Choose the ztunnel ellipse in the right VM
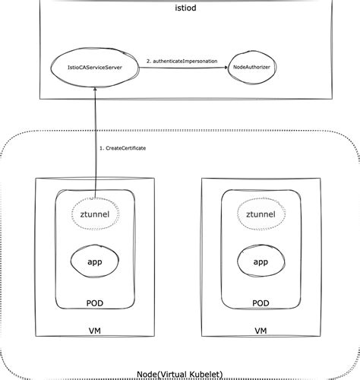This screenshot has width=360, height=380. [x=261, y=214]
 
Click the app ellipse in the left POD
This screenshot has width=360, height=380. [x=96, y=262]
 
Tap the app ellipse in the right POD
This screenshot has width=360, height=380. [x=261, y=262]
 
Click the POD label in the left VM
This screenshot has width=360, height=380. [x=96, y=303]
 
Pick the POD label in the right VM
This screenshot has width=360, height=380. [x=261, y=303]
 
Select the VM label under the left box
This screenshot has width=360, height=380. [x=96, y=331]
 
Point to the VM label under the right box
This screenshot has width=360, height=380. [x=261, y=331]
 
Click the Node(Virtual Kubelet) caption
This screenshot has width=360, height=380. [x=179, y=373]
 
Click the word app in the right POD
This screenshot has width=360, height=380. [x=261, y=262]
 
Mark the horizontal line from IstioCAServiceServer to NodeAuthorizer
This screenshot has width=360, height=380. [x=182, y=68]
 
